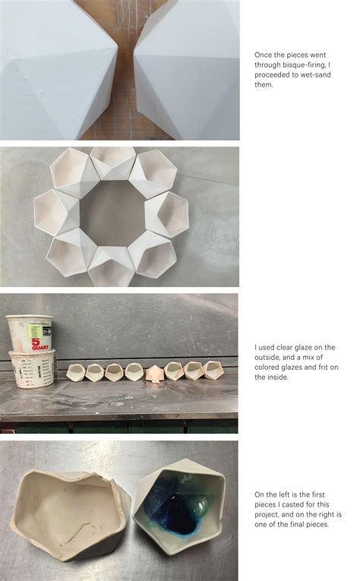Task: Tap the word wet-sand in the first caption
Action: tap(314, 75)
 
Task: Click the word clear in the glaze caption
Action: tap(285, 348)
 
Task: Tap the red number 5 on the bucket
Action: tap(36, 342)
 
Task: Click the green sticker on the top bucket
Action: tap(35, 330)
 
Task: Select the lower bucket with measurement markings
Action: tap(32, 368)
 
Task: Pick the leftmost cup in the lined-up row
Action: tap(76, 371)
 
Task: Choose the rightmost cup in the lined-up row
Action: tap(213, 370)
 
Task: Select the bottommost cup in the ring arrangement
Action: tap(111, 267)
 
